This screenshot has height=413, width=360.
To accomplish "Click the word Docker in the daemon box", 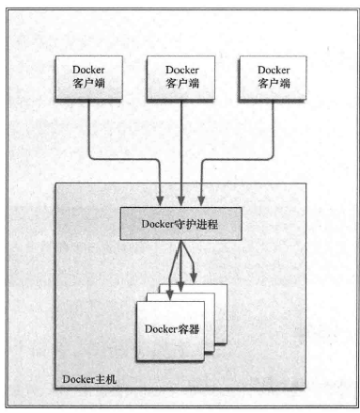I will pos(156,222).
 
